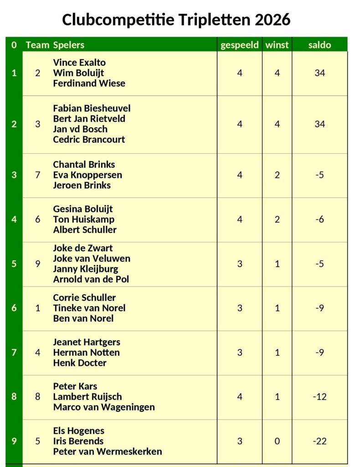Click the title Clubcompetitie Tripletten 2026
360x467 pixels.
click(176, 20)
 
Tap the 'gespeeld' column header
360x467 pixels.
click(240, 45)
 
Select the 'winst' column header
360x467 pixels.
click(277, 45)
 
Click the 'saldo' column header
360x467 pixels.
click(319, 45)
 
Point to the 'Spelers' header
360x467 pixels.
click(69, 45)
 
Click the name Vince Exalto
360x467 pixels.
click(79, 62)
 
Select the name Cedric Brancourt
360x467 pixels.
click(89, 140)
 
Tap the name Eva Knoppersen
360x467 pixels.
click(87, 175)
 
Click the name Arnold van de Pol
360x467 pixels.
click(91, 279)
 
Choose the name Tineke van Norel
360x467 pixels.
click(89, 308)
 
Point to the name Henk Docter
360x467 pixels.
click(80, 363)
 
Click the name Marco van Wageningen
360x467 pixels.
click(104, 407)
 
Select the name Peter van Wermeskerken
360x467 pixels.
click(108, 451)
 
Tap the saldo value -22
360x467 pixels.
click(319, 441)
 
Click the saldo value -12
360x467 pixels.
click(319, 397)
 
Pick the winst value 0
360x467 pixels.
click(277, 441)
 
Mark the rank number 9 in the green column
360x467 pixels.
click(14, 441)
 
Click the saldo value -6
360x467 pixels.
click(319, 219)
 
